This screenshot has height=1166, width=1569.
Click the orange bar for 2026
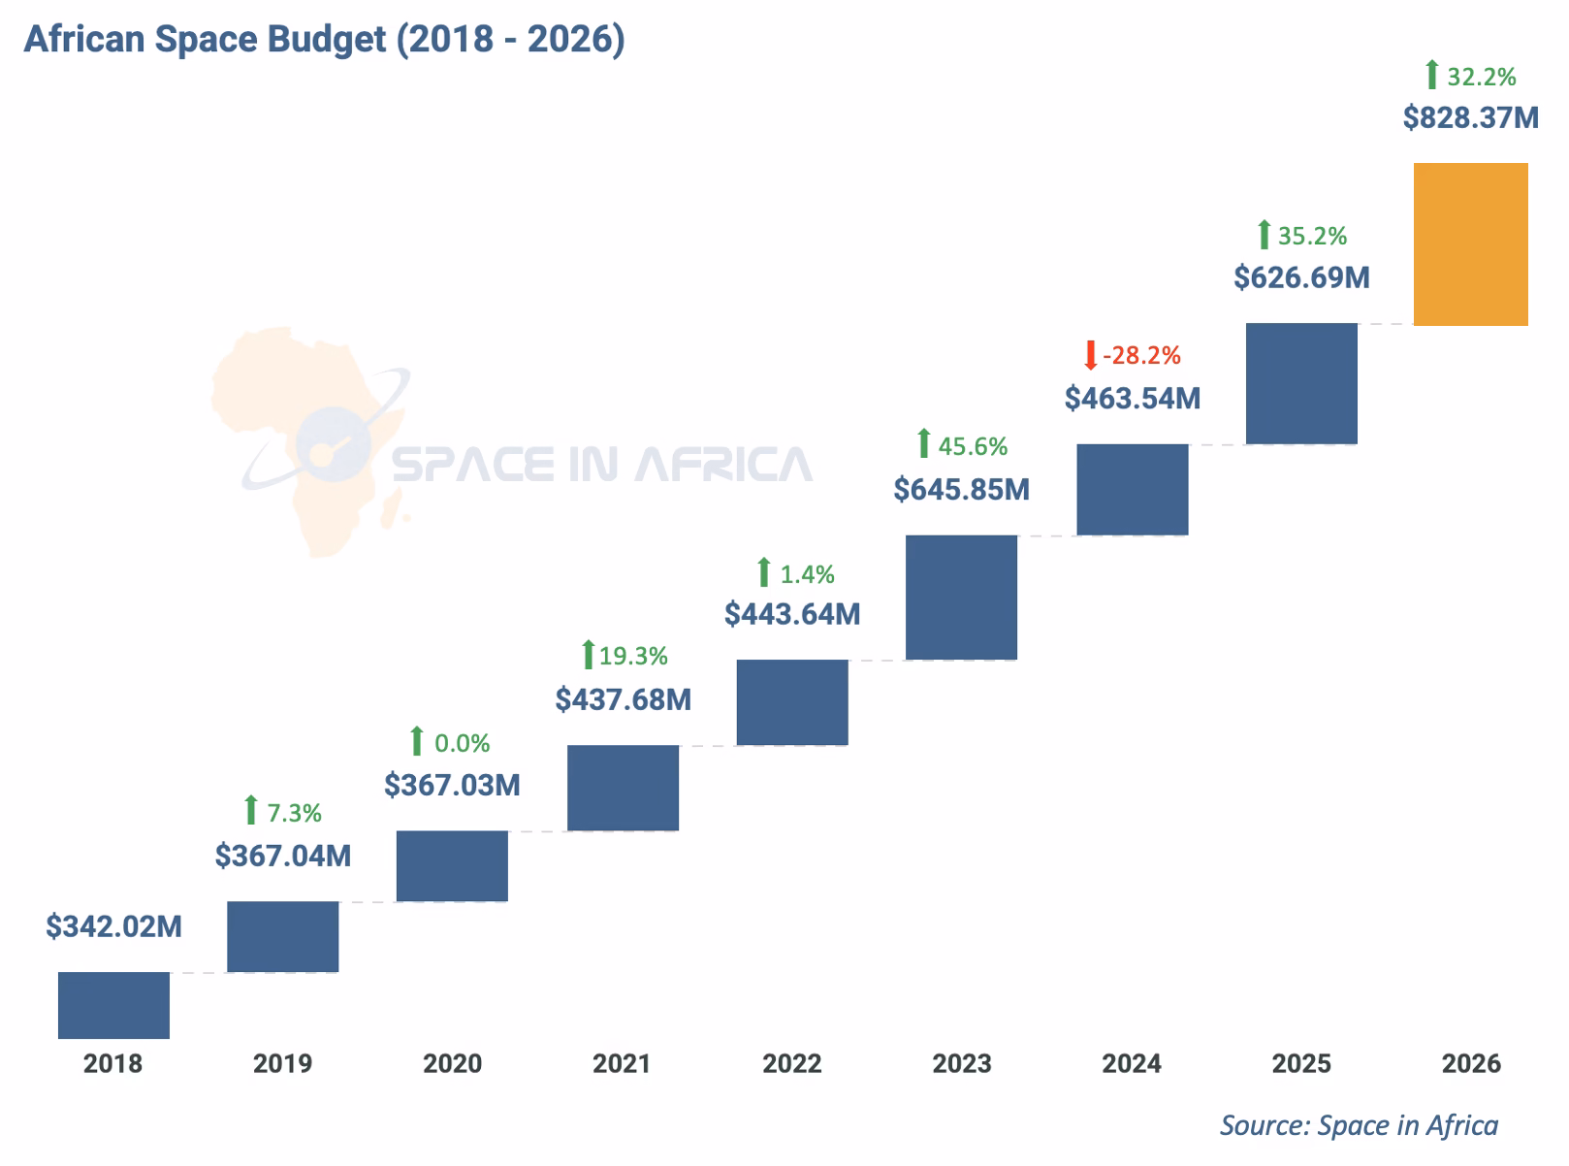pyautogui.click(x=1470, y=244)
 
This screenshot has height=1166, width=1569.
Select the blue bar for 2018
pyautogui.click(x=113, y=1005)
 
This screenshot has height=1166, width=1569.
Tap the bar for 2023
pyautogui.click(x=961, y=598)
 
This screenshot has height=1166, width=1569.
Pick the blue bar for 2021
pyautogui.click(x=623, y=788)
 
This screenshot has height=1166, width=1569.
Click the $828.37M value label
pyautogui.click(x=1470, y=118)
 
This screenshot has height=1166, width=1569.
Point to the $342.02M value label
pyautogui.click(x=113, y=926)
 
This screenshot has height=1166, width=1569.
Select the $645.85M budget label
pyautogui.click(x=961, y=489)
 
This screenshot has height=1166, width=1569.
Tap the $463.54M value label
pyautogui.click(x=1132, y=398)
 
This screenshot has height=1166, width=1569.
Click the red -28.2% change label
pyautogui.click(x=1141, y=356)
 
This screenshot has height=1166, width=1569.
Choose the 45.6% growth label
pyautogui.click(x=973, y=446)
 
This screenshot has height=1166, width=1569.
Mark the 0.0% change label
pyautogui.click(x=462, y=744)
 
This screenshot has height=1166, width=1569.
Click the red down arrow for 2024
pyautogui.click(x=1090, y=355)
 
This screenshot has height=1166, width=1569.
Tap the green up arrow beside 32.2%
pyautogui.click(x=1431, y=76)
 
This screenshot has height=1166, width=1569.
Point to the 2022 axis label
pyautogui.click(x=791, y=1064)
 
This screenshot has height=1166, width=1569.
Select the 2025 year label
pyautogui.click(x=1301, y=1064)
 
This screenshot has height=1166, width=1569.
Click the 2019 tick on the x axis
pyautogui.click(x=282, y=1064)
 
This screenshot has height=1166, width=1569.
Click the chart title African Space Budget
pyautogui.click(x=324, y=39)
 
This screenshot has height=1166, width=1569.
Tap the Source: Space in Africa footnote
pyautogui.click(x=1359, y=1125)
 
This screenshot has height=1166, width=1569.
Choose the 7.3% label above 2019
pyautogui.click(x=294, y=813)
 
